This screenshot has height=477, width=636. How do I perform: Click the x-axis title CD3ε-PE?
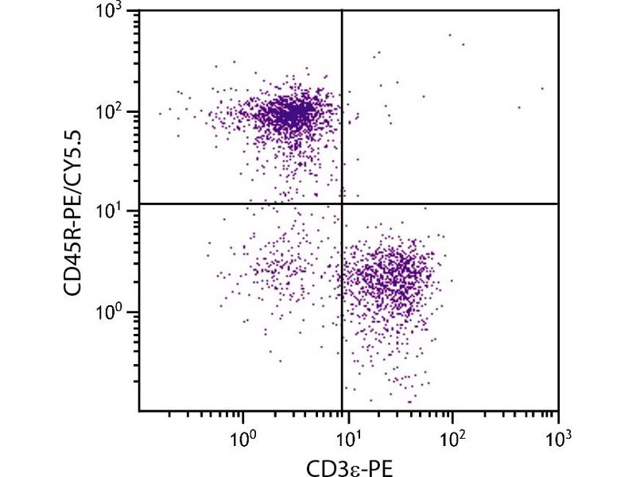tap(350, 465)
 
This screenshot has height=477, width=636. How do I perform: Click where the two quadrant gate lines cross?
tap(342, 204)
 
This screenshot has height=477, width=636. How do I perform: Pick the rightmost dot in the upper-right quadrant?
tap(543, 89)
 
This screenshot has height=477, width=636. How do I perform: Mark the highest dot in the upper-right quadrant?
tap(450, 35)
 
